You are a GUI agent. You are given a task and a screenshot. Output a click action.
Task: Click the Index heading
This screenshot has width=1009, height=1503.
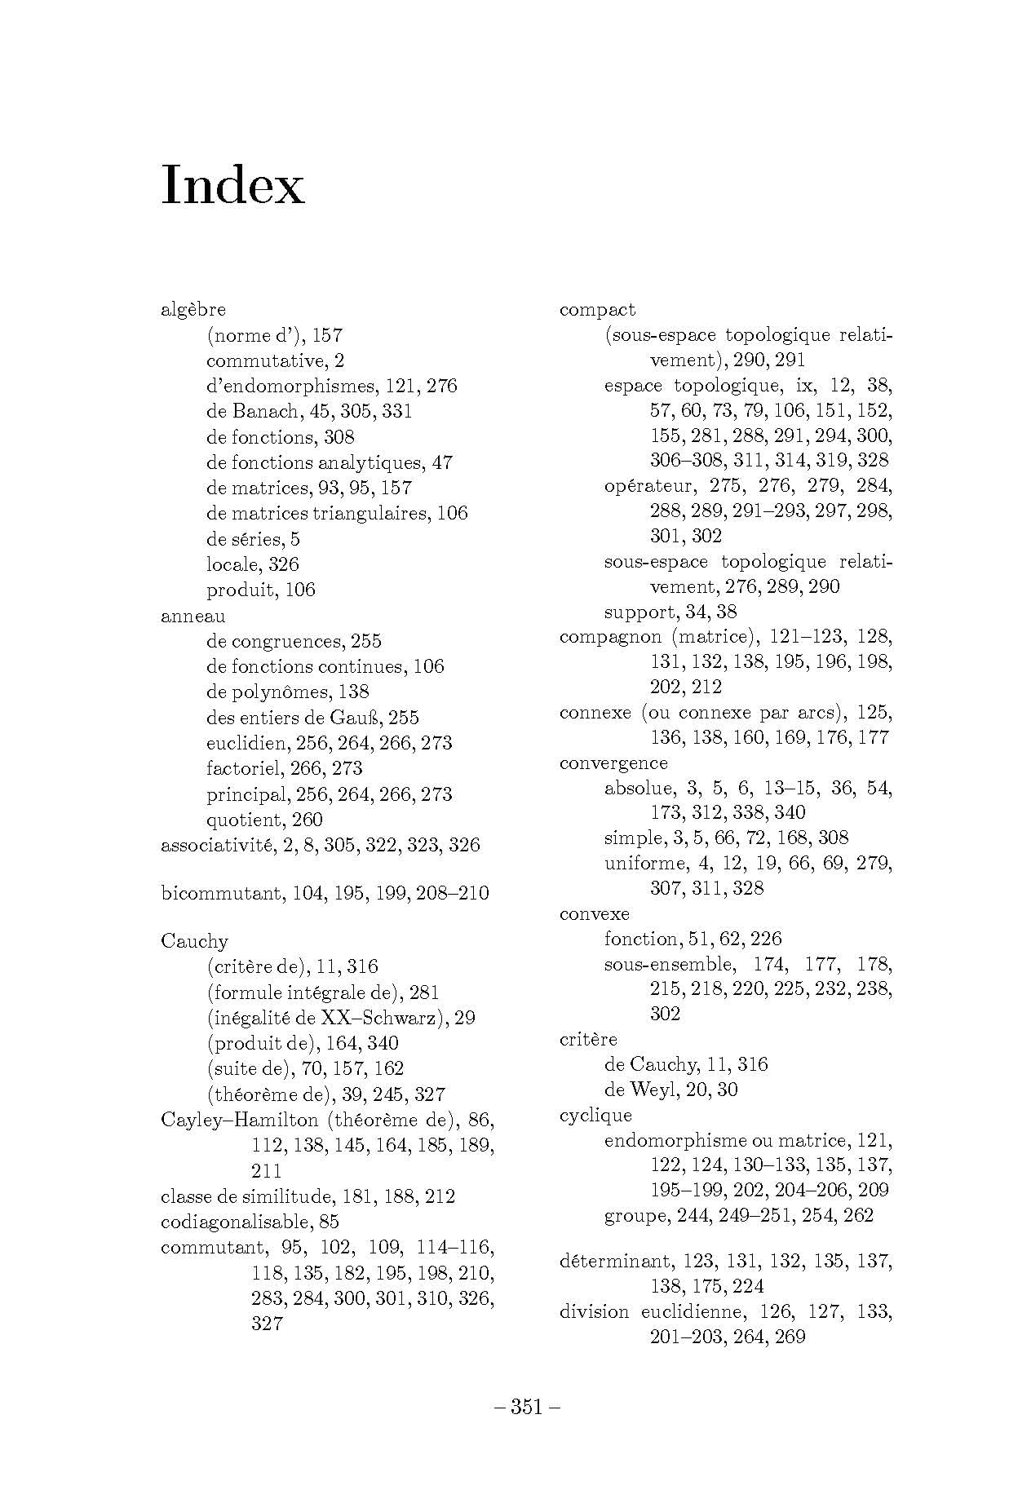point(233,186)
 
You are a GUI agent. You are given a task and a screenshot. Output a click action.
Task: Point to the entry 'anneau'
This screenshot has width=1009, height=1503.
point(193,616)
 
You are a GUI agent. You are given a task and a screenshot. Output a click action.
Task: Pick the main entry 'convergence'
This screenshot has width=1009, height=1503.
point(613,763)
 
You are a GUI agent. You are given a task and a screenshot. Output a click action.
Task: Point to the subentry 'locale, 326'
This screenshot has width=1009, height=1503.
point(253,564)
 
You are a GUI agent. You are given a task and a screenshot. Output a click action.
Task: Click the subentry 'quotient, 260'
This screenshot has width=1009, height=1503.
point(264,820)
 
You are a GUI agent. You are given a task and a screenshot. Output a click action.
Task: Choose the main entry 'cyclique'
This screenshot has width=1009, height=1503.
point(595,1115)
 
